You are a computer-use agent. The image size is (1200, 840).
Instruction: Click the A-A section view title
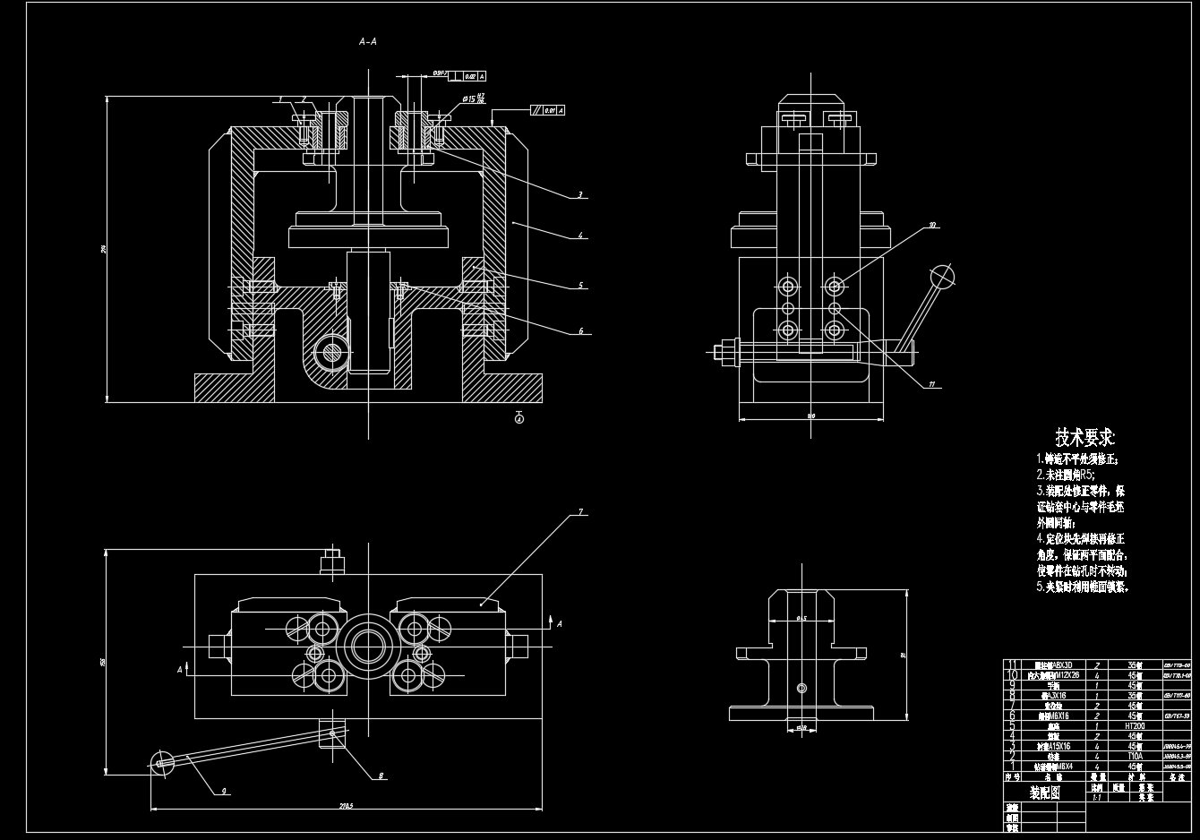(x=368, y=41)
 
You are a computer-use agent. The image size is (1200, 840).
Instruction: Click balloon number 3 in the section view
(x=580, y=193)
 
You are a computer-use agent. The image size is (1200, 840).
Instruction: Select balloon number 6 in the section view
(x=580, y=330)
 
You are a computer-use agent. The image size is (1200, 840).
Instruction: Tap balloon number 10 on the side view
(x=932, y=226)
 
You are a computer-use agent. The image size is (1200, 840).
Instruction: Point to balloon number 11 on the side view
(x=932, y=385)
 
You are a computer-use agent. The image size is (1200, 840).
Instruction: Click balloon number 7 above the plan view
(x=580, y=512)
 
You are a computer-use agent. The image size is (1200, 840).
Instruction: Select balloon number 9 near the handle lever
(x=224, y=791)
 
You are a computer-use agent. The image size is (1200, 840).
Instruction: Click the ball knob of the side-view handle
(x=942, y=277)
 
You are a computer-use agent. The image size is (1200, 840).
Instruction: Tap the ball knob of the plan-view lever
(x=162, y=763)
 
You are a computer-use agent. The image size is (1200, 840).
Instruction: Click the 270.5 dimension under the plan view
(x=346, y=806)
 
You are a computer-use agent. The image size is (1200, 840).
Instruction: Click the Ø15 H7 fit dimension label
(x=475, y=98)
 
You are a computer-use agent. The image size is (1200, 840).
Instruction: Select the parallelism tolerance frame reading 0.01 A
(x=551, y=111)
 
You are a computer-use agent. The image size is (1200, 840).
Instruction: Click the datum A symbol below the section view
(x=519, y=417)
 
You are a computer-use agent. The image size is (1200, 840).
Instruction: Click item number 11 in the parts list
(x=1012, y=664)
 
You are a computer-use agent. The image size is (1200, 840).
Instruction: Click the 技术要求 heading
(x=1084, y=438)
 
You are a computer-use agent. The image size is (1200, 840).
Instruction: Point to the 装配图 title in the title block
(x=1044, y=793)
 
